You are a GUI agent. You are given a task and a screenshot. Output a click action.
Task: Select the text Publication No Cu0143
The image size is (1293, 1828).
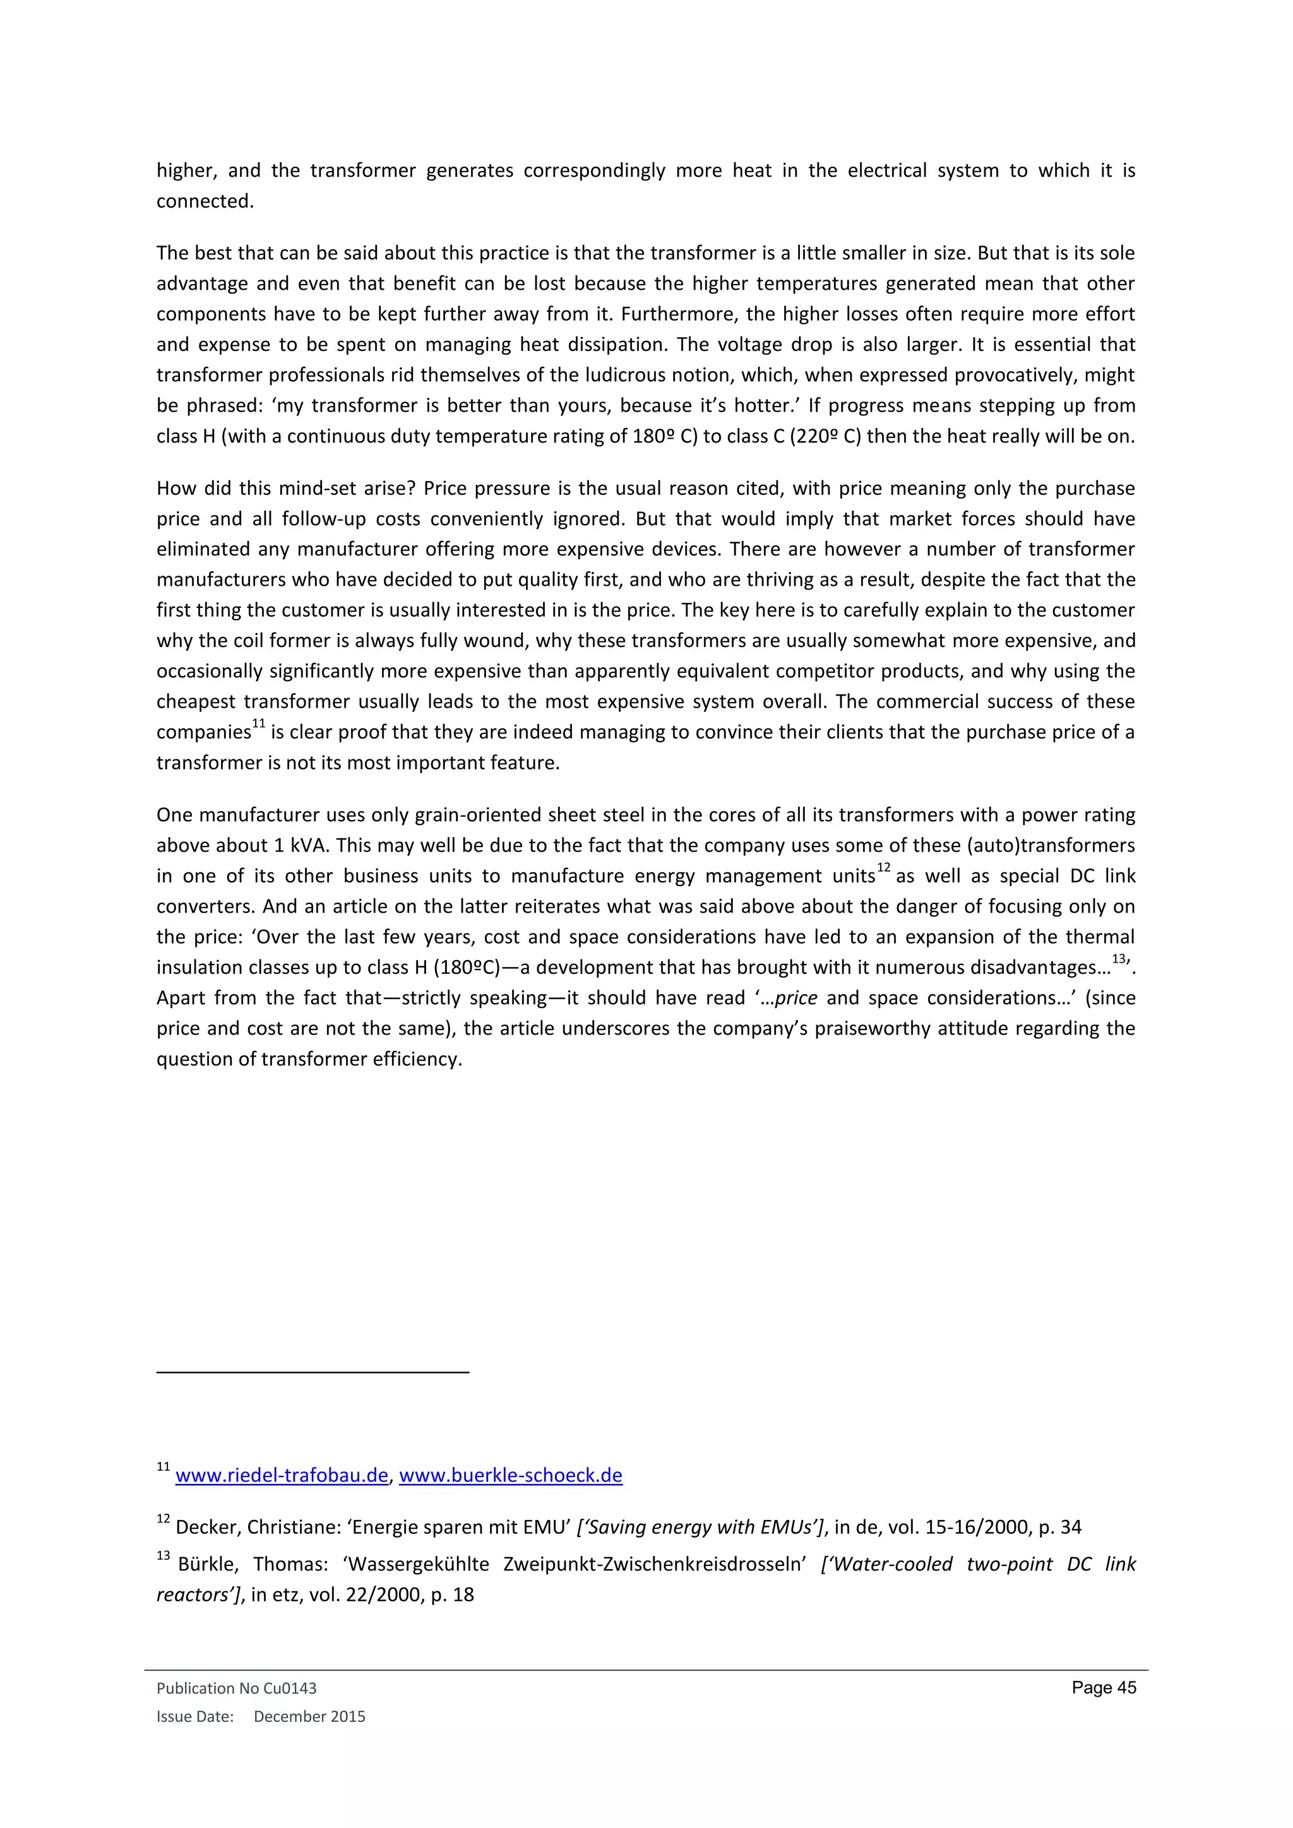pos(237,1688)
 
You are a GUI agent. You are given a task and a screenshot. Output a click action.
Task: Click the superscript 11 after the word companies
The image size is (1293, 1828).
pos(258,724)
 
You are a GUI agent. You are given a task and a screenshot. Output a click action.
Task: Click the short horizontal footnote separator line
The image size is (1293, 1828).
pos(313,1372)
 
